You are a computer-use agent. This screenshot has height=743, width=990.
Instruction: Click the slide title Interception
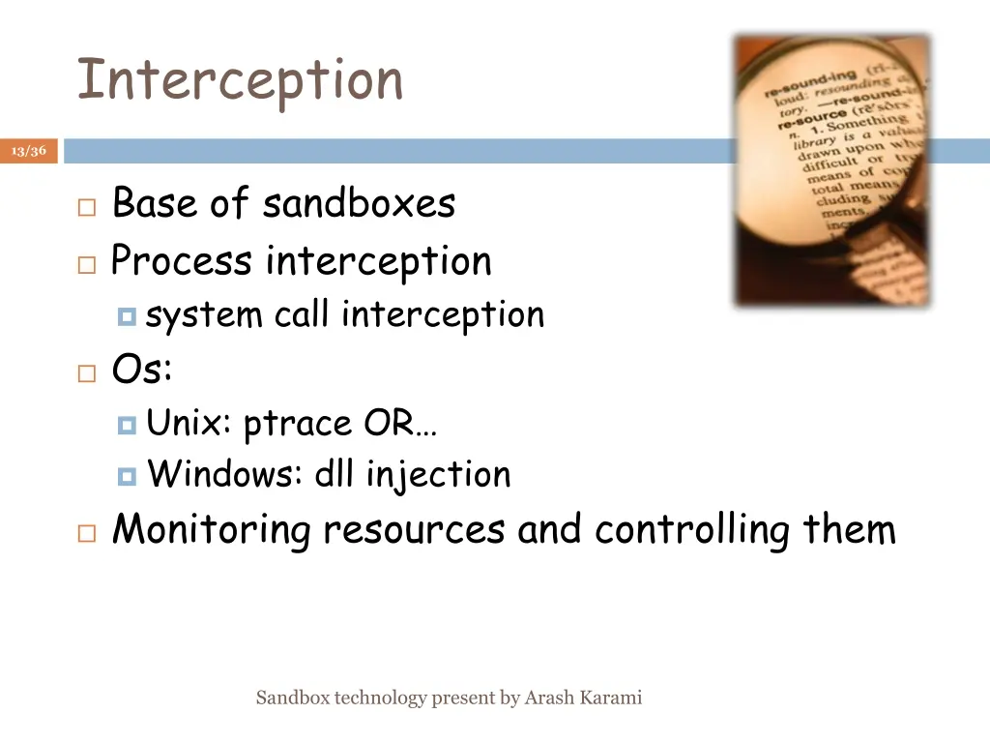[240, 79]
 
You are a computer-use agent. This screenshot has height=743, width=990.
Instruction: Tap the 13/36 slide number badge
[29, 151]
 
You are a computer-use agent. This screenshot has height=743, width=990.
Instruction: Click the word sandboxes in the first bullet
[359, 204]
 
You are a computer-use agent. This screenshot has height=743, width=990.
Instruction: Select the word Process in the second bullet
[183, 261]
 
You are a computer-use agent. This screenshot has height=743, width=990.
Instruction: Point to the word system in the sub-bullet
[204, 315]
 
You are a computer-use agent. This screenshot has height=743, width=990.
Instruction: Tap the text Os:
[142, 369]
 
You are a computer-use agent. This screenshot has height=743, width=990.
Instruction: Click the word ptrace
[299, 424]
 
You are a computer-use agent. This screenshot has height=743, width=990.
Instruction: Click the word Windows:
[225, 474]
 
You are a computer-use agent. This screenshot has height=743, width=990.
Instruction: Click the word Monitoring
[212, 529]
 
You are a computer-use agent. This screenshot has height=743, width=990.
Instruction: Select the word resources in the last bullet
[414, 530]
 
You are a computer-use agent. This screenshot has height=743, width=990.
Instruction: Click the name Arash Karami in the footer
[583, 698]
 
